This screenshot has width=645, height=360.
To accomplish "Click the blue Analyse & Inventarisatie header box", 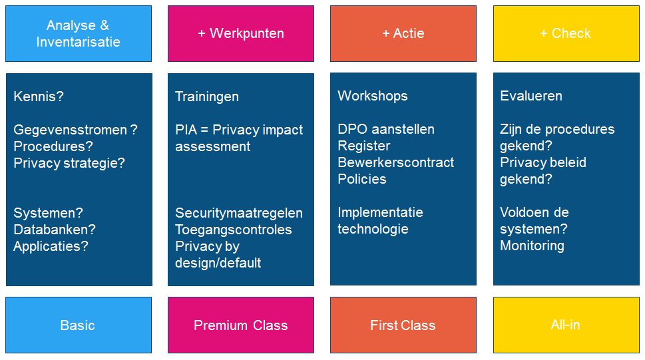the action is click(78, 33).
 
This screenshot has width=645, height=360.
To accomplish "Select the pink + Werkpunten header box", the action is click(241, 33).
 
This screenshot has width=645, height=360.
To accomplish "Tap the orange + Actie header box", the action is click(403, 33).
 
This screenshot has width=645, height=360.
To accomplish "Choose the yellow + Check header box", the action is click(566, 33).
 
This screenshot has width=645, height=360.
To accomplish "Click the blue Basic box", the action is click(78, 325).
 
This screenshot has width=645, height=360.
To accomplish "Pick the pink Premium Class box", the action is click(241, 325).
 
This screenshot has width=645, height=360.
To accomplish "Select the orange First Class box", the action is click(403, 325).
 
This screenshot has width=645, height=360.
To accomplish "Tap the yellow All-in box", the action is click(566, 325).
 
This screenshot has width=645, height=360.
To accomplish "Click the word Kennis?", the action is click(39, 96).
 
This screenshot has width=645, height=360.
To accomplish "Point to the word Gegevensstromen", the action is click(71, 130).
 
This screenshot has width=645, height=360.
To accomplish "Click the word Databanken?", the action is click(55, 229).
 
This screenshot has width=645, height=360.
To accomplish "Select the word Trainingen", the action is click(207, 96).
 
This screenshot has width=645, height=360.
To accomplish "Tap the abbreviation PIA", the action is click(186, 130).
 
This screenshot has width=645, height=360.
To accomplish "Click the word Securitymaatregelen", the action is click(239, 213).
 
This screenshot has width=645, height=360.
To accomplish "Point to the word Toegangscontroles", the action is click(233, 230).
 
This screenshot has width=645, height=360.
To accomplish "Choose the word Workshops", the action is click(373, 96).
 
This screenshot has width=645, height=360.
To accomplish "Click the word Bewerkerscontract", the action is click(396, 162).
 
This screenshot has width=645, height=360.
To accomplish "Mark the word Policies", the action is click(362, 179).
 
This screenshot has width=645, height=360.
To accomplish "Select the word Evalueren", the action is click(531, 96).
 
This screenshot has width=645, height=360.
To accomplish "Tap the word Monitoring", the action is click(533, 246).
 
